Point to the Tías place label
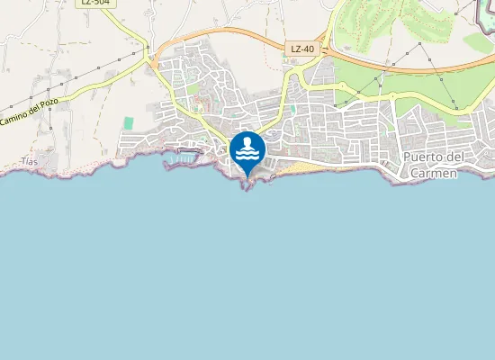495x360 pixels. pos(30,162)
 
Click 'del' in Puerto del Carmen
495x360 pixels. pos(455,158)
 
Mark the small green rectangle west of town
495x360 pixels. pos(129,122)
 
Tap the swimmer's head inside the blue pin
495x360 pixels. pos(247,142)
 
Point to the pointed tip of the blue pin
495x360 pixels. pos(247,176)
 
